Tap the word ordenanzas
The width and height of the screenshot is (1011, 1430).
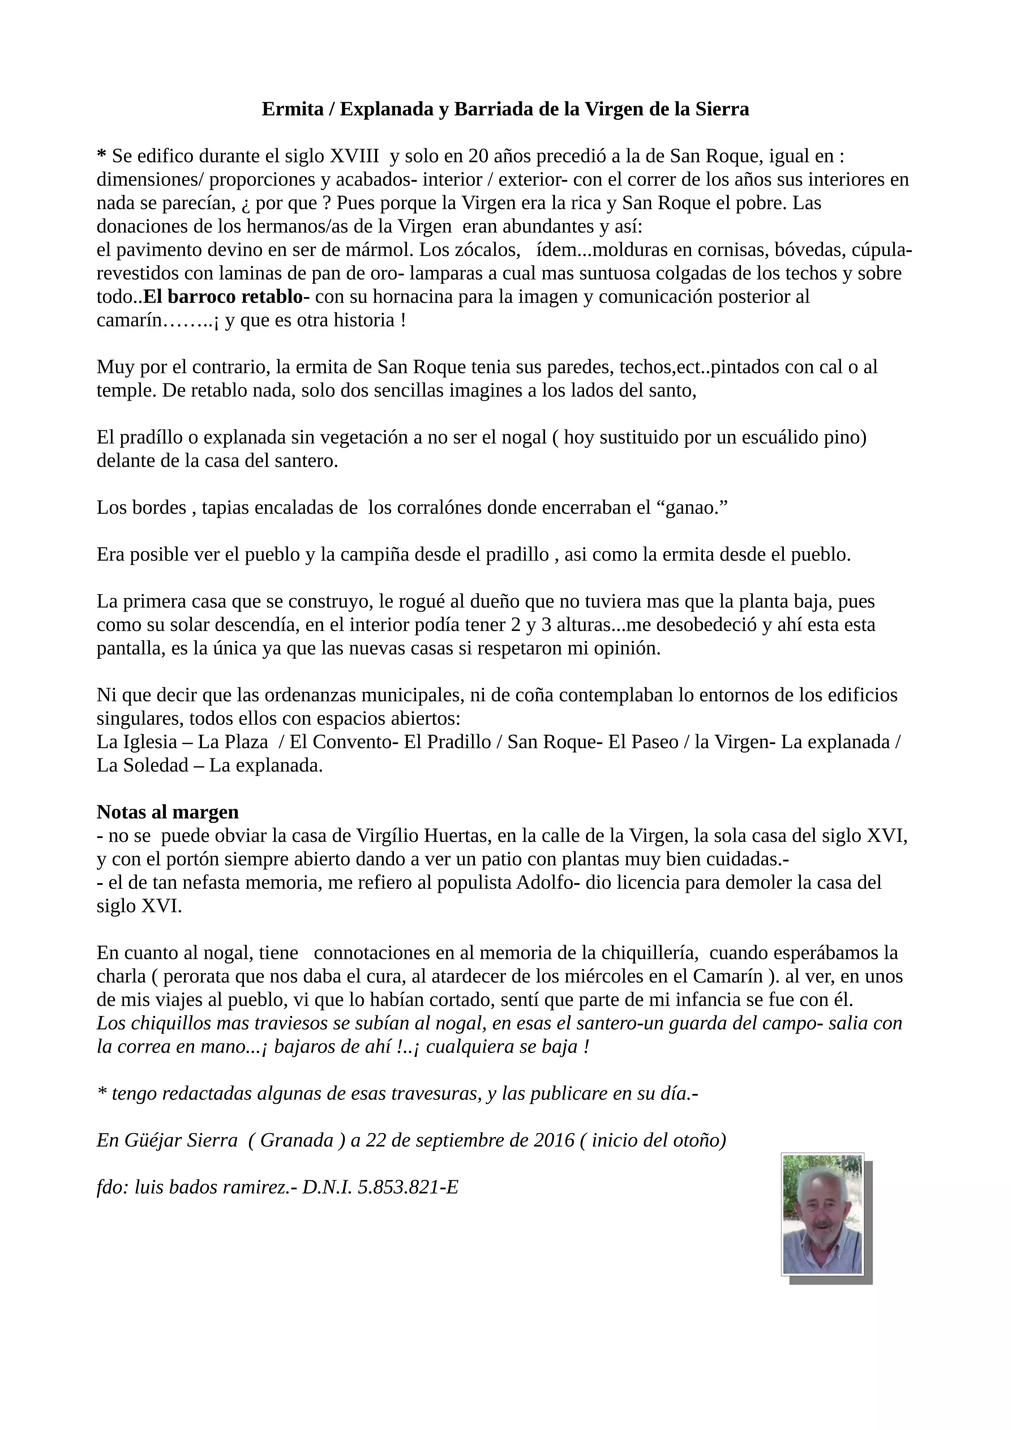tap(312, 695)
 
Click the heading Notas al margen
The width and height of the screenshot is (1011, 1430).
tap(167, 812)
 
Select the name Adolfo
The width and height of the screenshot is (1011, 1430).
tap(547, 883)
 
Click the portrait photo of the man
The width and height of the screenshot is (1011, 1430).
tap(822, 1214)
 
